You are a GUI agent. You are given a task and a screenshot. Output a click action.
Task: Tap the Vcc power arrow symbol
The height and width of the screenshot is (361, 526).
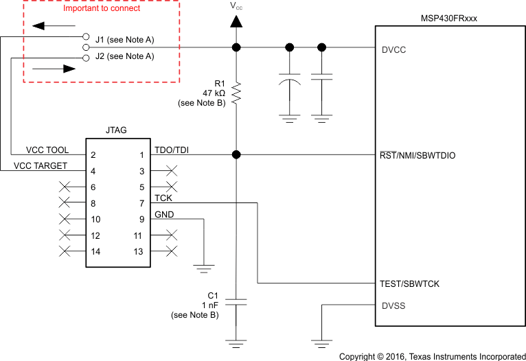[236, 21]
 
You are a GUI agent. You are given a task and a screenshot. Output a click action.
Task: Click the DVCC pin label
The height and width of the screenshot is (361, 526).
[393, 50]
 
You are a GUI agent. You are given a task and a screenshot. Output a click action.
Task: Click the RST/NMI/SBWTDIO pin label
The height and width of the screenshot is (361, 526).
[417, 156]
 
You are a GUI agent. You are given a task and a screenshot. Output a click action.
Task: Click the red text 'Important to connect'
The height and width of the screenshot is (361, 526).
[102, 9]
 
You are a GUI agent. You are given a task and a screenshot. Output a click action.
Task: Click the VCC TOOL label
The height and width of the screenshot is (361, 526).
[47, 150]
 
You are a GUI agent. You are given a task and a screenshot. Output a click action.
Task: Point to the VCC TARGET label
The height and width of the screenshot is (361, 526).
[41, 166]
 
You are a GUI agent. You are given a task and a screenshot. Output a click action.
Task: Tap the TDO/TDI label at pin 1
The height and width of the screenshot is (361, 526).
[171, 150]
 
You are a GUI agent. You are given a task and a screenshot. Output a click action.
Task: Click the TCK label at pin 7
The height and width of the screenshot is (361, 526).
[163, 198]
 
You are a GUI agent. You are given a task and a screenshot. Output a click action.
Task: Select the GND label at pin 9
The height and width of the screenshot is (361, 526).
[164, 214]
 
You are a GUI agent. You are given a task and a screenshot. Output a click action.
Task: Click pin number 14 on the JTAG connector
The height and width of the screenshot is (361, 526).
[95, 252]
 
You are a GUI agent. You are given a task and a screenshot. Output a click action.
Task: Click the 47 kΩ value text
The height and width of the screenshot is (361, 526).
[212, 93]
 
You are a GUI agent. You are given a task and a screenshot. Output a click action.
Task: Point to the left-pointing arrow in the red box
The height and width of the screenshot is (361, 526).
[47, 27]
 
